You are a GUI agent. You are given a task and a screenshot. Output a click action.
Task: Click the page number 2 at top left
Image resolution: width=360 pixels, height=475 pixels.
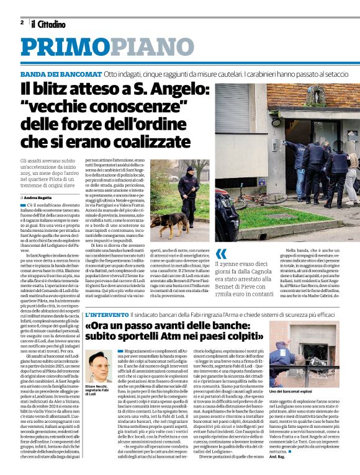click(22, 22)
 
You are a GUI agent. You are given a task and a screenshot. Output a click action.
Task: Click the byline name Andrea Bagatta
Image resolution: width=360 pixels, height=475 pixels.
click(39, 197)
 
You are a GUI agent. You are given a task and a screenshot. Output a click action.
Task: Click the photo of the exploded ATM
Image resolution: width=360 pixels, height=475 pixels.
click(308, 354)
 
